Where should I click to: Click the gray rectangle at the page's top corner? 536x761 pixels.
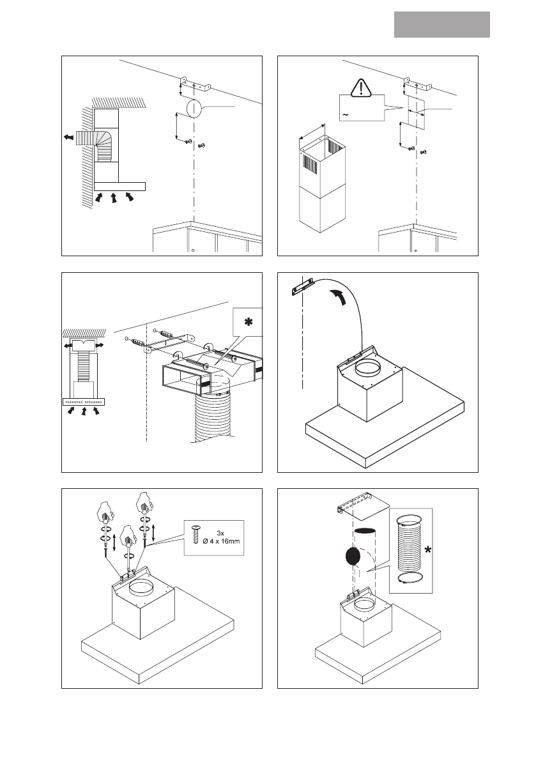(x=441, y=24)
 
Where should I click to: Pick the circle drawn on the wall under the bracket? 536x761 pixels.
(x=194, y=108)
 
